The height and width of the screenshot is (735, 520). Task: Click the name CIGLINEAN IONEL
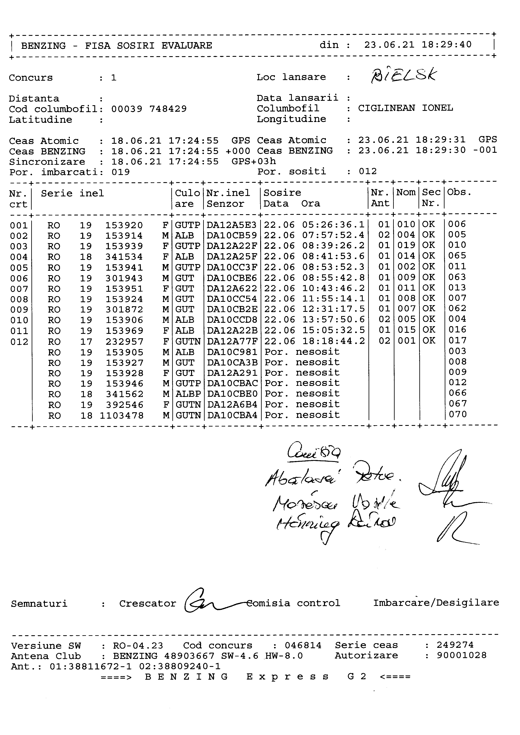tap(405, 108)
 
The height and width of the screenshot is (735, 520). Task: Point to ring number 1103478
tap(122, 416)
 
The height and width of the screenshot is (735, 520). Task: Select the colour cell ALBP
tap(188, 394)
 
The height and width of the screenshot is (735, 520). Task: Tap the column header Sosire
tap(282, 193)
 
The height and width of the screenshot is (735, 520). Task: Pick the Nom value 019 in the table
tap(406, 246)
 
